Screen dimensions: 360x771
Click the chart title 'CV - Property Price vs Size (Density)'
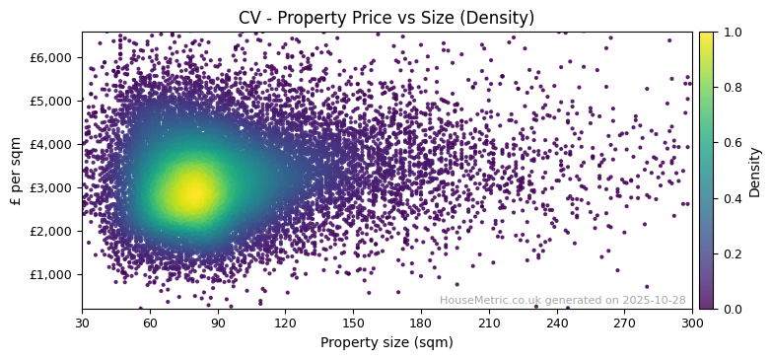tap(386, 18)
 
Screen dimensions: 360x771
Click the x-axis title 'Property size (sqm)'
tap(386, 343)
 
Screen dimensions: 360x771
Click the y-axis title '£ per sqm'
tap(17, 171)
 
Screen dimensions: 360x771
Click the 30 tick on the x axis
tap(82, 323)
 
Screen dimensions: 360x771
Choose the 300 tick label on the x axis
tap(692, 323)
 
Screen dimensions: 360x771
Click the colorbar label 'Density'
tap(755, 171)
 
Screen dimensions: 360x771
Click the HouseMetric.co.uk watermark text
tap(562, 300)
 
